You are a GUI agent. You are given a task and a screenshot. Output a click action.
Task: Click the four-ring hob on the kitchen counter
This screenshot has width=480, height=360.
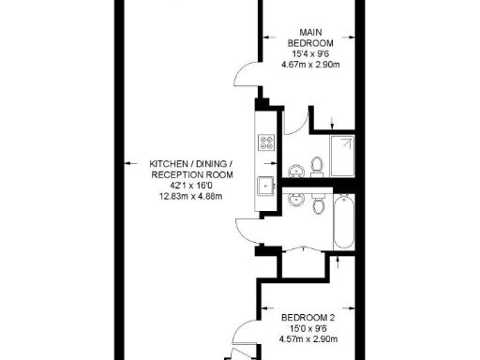pyautogui.click(x=265, y=143)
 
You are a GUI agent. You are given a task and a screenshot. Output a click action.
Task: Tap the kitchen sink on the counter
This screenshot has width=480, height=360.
pyautogui.click(x=265, y=184)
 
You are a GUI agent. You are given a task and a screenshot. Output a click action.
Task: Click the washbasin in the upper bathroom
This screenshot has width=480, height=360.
pyautogui.click(x=294, y=172)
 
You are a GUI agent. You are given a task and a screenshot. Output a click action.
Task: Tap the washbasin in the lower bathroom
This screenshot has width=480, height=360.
pyautogui.click(x=295, y=199)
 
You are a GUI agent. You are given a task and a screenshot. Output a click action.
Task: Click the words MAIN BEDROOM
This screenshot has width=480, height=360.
pyautogui.click(x=310, y=37)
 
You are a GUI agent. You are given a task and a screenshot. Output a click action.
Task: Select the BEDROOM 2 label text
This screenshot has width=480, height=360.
pyautogui.click(x=309, y=317)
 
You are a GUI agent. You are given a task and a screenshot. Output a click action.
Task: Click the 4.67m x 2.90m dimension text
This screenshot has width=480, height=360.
pyautogui.click(x=310, y=65)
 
